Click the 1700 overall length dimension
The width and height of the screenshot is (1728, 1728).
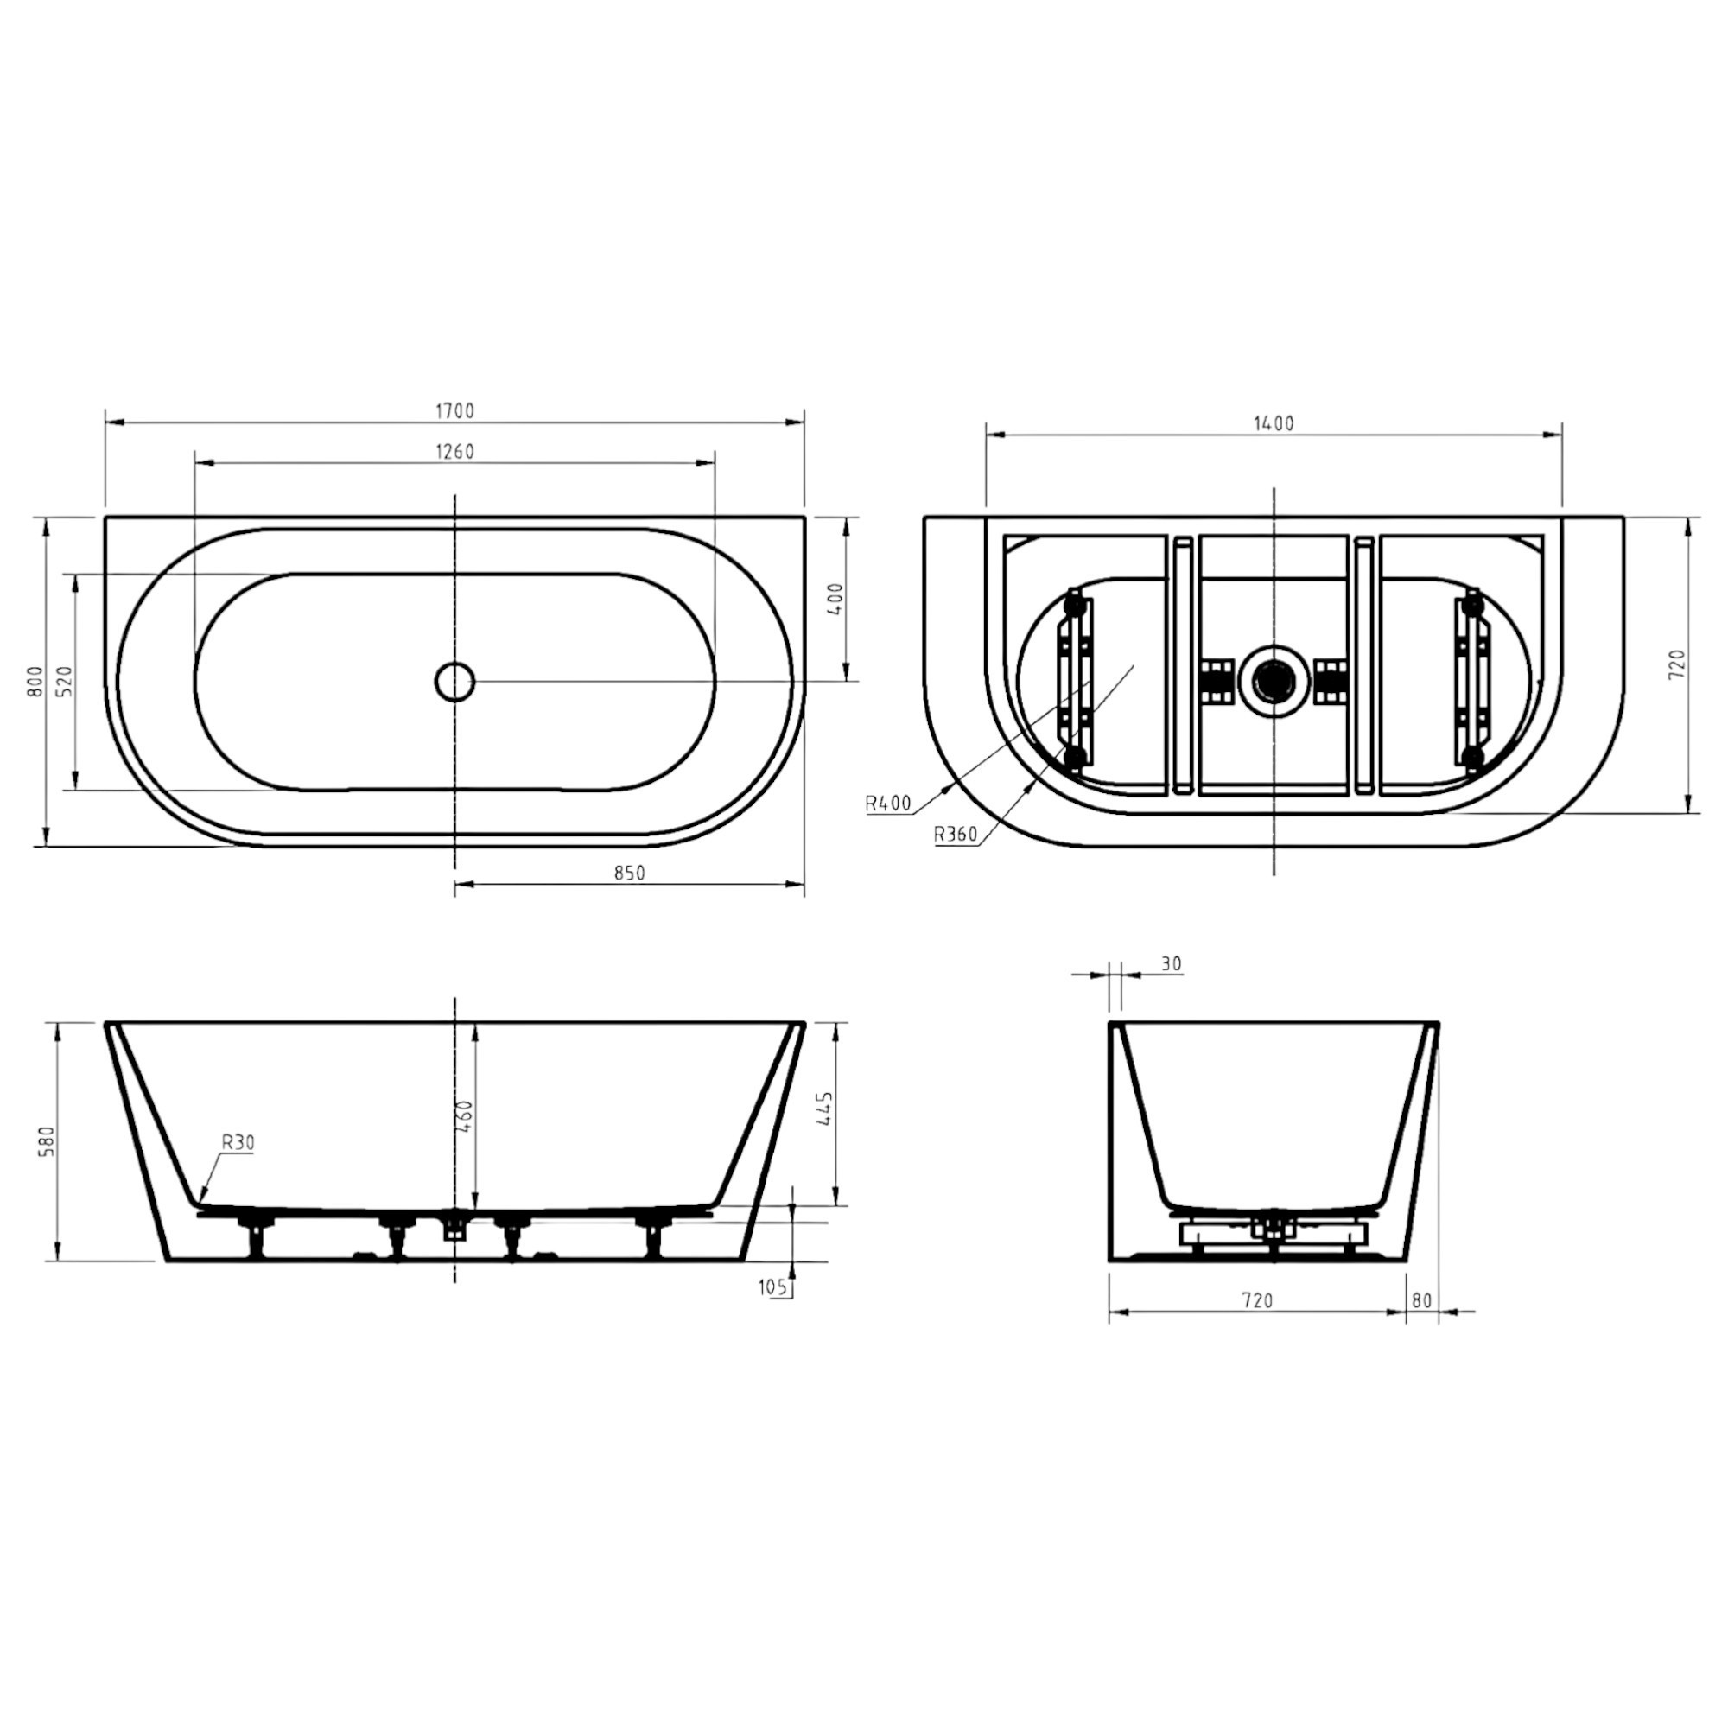(x=454, y=411)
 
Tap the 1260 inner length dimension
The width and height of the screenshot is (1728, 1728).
(x=454, y=452)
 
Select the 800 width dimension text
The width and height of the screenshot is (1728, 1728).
(x=35, y=682)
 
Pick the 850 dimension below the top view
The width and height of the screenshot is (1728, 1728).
(x=630, y=873)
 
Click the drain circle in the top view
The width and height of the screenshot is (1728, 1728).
(x=455, y=682)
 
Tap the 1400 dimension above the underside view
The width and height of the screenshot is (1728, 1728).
(x=1274, y=424)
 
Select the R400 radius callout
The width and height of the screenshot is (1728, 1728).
(x=887, y=804)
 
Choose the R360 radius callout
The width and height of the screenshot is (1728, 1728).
(x=956, y=835)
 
